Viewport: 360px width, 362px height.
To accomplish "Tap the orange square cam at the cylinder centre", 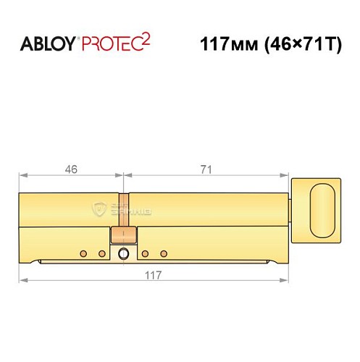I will tap(122, 235).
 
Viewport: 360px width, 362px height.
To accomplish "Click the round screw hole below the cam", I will tap(123, 253).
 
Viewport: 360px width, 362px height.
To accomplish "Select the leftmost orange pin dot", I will tap(83, 253).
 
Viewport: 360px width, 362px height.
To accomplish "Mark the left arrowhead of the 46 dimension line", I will tap(22, 176).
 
